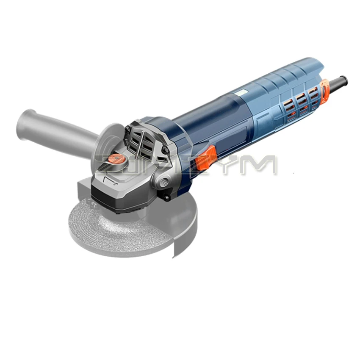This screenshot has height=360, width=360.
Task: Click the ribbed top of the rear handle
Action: click(x=280, y=76)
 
